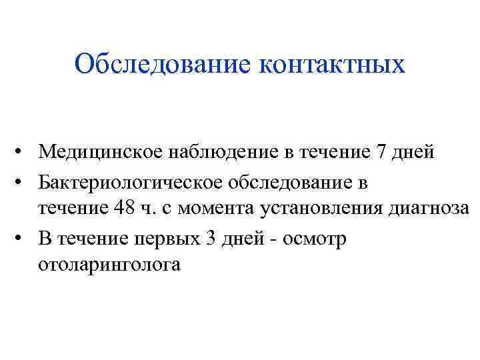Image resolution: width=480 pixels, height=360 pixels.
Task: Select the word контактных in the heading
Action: pos(331,65)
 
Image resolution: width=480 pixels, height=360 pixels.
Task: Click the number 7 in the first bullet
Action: pos(381,152)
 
